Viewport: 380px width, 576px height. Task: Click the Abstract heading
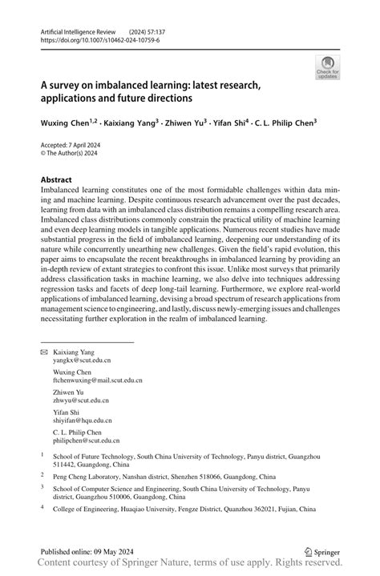point(56,180)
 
